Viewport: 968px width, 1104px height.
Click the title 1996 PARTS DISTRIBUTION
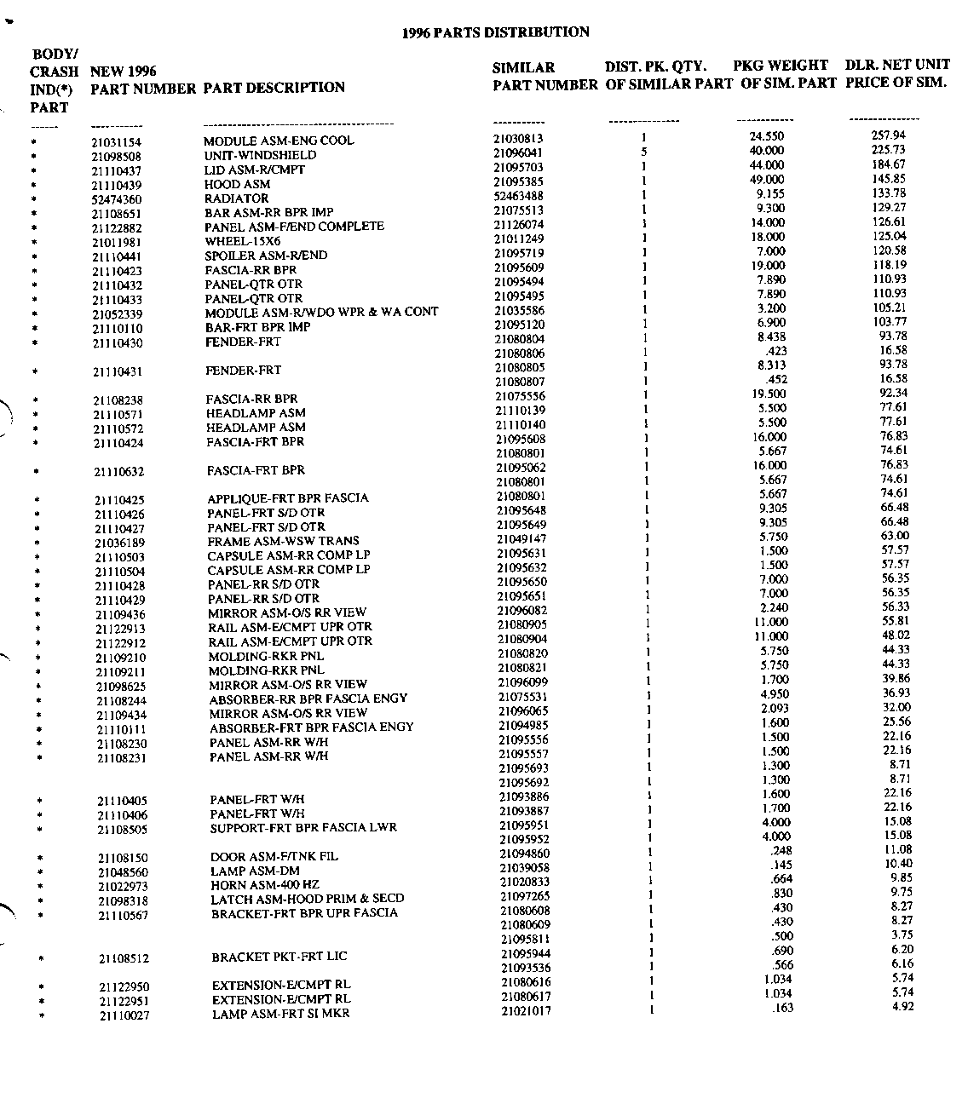click(495, 32)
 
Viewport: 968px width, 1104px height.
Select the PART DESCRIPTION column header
click(274, 88)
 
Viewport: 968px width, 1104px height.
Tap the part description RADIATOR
click(236, 198)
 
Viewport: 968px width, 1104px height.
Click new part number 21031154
click(117, 142)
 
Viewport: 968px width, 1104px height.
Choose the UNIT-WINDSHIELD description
click(260, 156)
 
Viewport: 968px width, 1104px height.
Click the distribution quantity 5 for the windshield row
click(644, 152)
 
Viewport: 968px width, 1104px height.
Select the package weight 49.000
click(767, 180)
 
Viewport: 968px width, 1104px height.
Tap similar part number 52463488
click(518, 196)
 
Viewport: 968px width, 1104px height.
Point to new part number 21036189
click(119, 543)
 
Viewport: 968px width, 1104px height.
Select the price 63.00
click(895, 536)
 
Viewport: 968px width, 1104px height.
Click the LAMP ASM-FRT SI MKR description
click(280, 1014)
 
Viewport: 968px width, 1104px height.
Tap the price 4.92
click(902, 1007)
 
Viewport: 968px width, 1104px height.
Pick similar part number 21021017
click(525, 1011)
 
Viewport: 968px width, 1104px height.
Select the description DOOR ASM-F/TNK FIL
click(274, 856)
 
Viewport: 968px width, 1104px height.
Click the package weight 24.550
click(766, 136)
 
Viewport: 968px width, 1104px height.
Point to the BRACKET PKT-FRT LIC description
click(279, 957)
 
